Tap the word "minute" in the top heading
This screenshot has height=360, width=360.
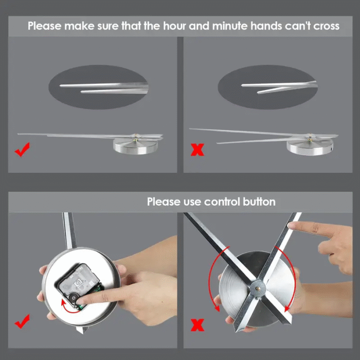(x=230, y=26)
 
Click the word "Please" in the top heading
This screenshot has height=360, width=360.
(x=45, y=26)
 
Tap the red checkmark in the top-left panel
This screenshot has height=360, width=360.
(x=22, y=150)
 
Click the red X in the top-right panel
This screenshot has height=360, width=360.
(x=197, y=150)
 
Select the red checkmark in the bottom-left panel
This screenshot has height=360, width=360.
(x=22, y=321)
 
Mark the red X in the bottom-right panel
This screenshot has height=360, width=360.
(x=197, y=325)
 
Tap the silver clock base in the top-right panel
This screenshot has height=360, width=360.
(x=310, y=147)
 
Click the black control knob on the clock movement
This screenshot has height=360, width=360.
(x=74, y=298)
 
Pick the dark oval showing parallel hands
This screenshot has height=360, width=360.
(x=99, y=87)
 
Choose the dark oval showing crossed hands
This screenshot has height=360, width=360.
(x=268, y=87)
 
